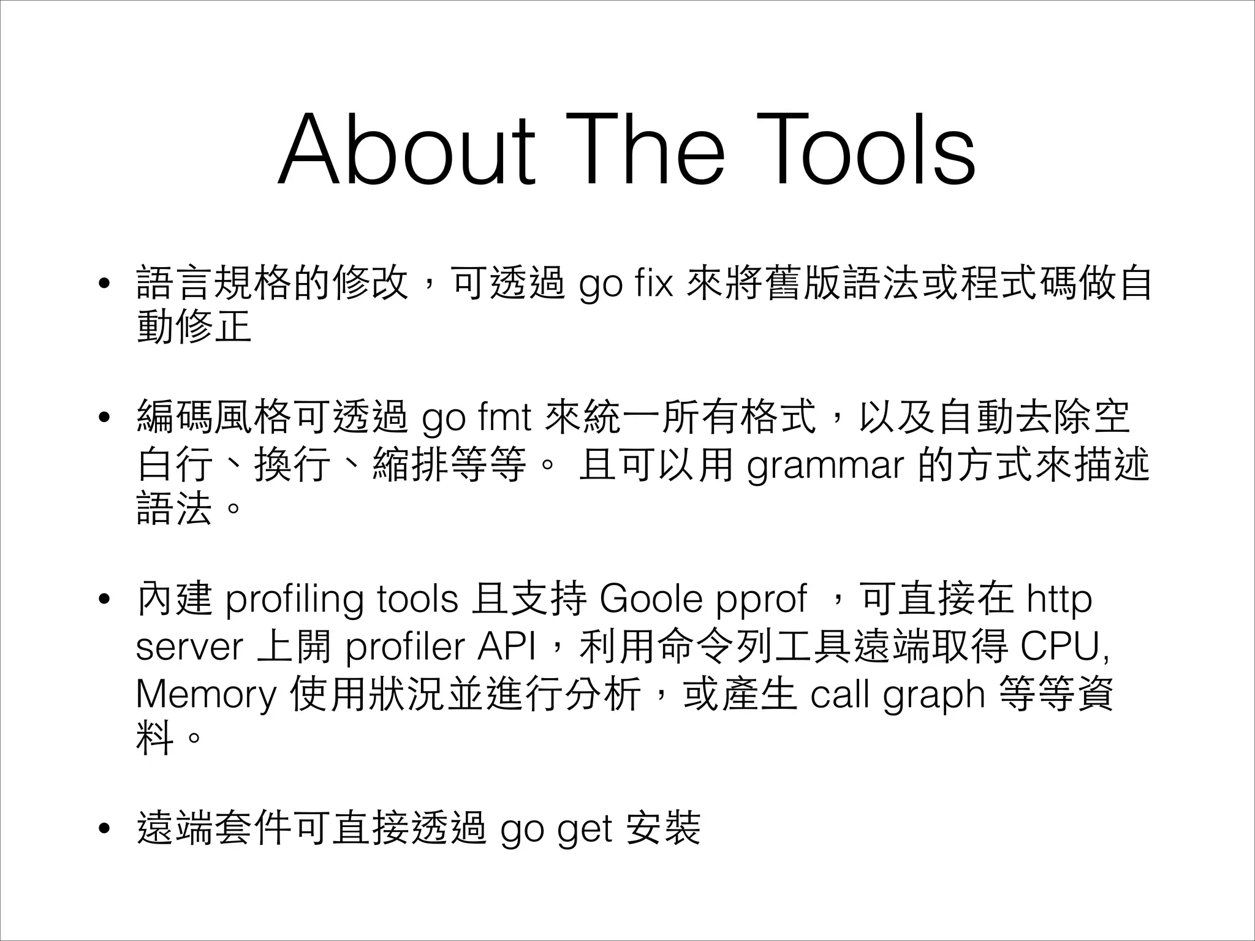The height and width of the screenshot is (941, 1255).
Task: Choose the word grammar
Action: click(825, 466)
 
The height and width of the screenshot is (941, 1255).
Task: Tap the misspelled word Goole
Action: click(651, 599)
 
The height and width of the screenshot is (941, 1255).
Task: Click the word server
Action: click(189, 647)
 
